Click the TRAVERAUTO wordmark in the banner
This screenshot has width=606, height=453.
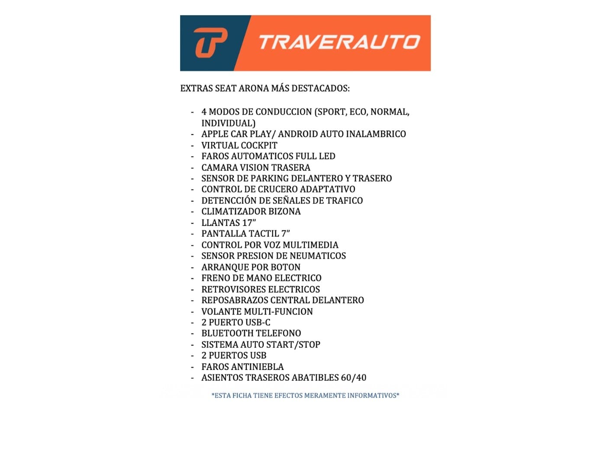click(339, 42)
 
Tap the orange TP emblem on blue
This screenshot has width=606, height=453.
click(210, 42)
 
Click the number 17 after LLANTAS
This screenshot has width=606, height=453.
click(247, 223)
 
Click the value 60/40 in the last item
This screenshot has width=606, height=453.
click(353, 378)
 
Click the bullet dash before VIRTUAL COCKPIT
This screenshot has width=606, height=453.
click(192, 146)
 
